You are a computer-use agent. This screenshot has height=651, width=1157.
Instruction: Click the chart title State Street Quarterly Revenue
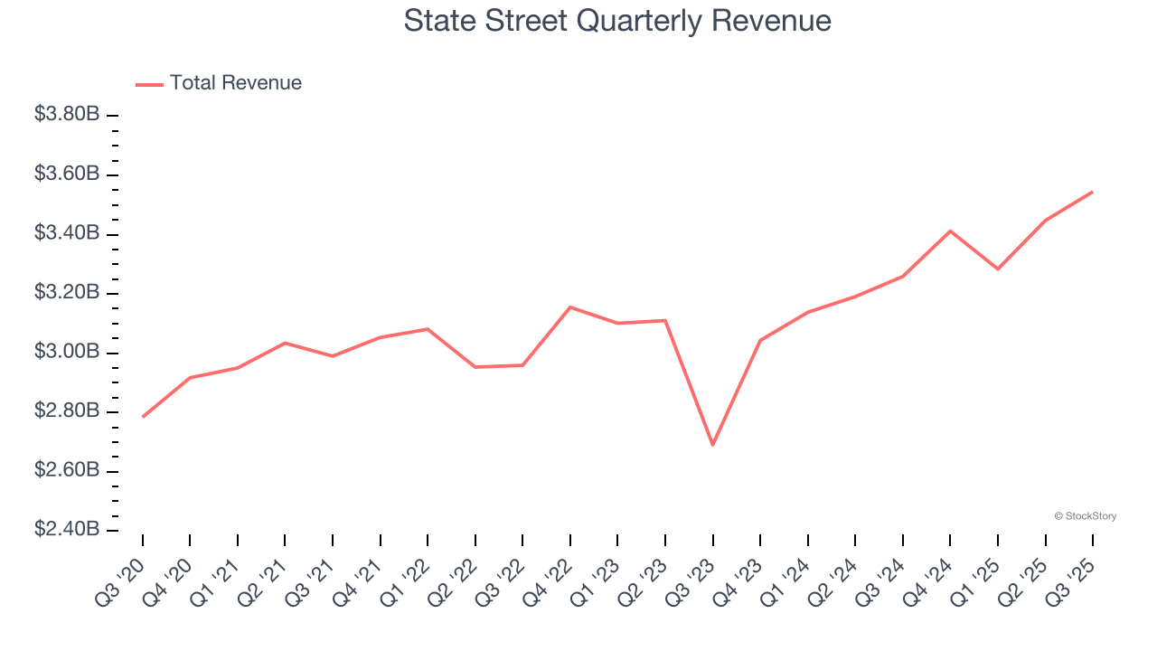click(617, 21)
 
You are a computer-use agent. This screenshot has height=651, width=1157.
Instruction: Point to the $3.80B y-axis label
click(66, 115)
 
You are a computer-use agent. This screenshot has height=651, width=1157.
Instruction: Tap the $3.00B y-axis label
click(66, 352)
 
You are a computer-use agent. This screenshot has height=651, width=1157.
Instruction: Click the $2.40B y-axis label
click(66, 529)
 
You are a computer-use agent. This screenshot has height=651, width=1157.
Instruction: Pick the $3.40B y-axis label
click(66, 233)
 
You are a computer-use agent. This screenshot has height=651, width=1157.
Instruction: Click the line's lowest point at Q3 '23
click(712, 445)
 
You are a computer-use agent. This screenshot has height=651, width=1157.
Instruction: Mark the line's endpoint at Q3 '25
click(1092, 192)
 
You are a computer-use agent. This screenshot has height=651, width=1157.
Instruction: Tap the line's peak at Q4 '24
click(950, 231)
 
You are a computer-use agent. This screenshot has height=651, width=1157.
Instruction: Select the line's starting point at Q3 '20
click(143, 417)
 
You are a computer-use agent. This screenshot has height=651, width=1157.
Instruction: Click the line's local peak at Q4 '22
click(570, 307)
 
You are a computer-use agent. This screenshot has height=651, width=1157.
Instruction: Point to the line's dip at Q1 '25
click(997, 269)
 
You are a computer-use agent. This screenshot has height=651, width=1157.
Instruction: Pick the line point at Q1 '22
click(428, 329)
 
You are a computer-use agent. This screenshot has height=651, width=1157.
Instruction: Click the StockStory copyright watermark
click(1085, 516)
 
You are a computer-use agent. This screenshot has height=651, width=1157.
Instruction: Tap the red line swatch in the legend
click(149, 84)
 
